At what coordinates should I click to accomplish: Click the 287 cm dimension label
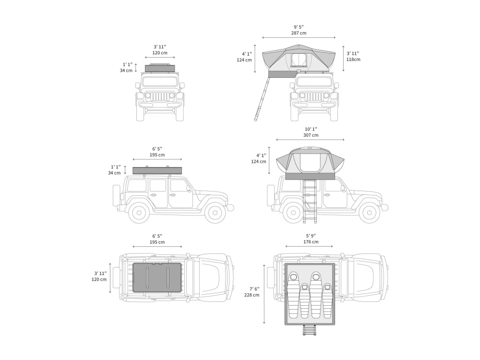[299, 33]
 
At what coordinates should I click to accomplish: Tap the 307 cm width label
[311, 135]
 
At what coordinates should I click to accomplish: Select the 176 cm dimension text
[311, 242]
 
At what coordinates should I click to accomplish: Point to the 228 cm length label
[252, 295]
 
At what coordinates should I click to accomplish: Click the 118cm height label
[353, 60]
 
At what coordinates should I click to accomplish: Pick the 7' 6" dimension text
[254, 288]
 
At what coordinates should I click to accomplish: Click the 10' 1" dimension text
[311, 129]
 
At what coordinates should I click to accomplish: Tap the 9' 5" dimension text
[299, 27]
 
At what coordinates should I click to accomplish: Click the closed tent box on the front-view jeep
[159, 68]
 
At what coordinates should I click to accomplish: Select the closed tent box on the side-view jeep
[157, 170]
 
